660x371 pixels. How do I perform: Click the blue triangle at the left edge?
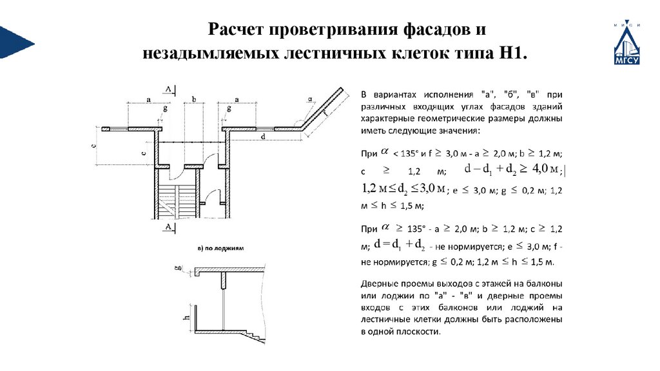click(x=14, y=43)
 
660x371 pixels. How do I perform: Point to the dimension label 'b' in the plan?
click(x=193, y=100)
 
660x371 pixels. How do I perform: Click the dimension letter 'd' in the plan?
click(x=263, y=137)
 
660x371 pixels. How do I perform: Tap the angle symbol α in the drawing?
click(x=310, y=99)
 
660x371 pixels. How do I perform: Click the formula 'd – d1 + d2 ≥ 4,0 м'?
click(x=506, y=169)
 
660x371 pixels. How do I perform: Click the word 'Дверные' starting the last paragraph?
click(x=382, y=284)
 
